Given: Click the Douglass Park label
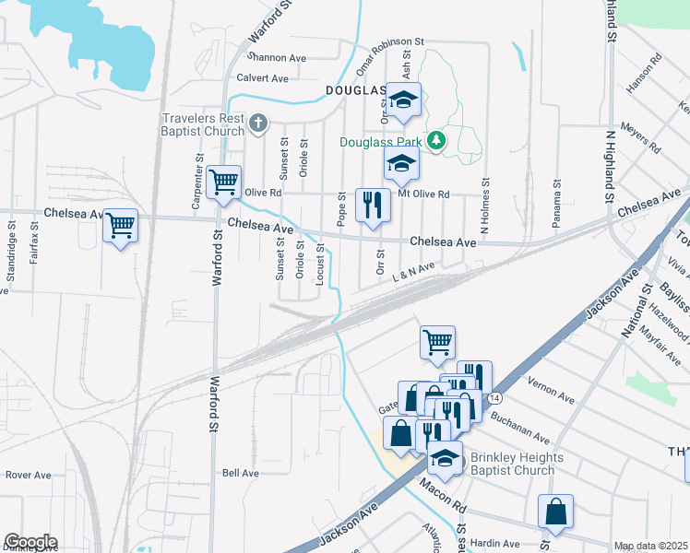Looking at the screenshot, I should (x=387, y=143).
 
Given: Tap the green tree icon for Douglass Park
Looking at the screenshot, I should (x=442, y=141).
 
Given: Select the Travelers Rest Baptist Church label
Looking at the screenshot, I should (x=204, y=124).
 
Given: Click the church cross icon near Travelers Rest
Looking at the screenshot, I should (x=259, y=122).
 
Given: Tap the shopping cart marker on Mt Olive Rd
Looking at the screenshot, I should (x=223, y=182).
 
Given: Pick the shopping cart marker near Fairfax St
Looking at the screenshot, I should (x=121, y=225).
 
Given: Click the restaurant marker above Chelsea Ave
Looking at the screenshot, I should (x=373, y=205).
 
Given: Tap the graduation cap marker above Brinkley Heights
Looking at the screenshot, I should (x=445, y=458).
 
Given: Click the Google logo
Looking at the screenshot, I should (x=30, y=542).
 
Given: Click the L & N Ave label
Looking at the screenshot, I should (x=412, y=269).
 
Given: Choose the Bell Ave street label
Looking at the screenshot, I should (x=241, y=473).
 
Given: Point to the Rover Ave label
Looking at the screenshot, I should (x=26, y=475).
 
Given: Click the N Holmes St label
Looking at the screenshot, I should (x=483, y=208).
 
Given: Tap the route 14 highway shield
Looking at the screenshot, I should (x=496, y=397).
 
